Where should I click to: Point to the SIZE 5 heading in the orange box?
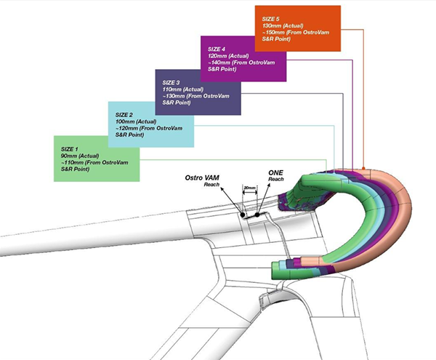click(272, 18)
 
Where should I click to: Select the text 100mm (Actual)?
click(137, 122)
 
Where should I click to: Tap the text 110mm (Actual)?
click(184, 89)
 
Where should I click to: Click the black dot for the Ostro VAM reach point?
click(244, 215)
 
